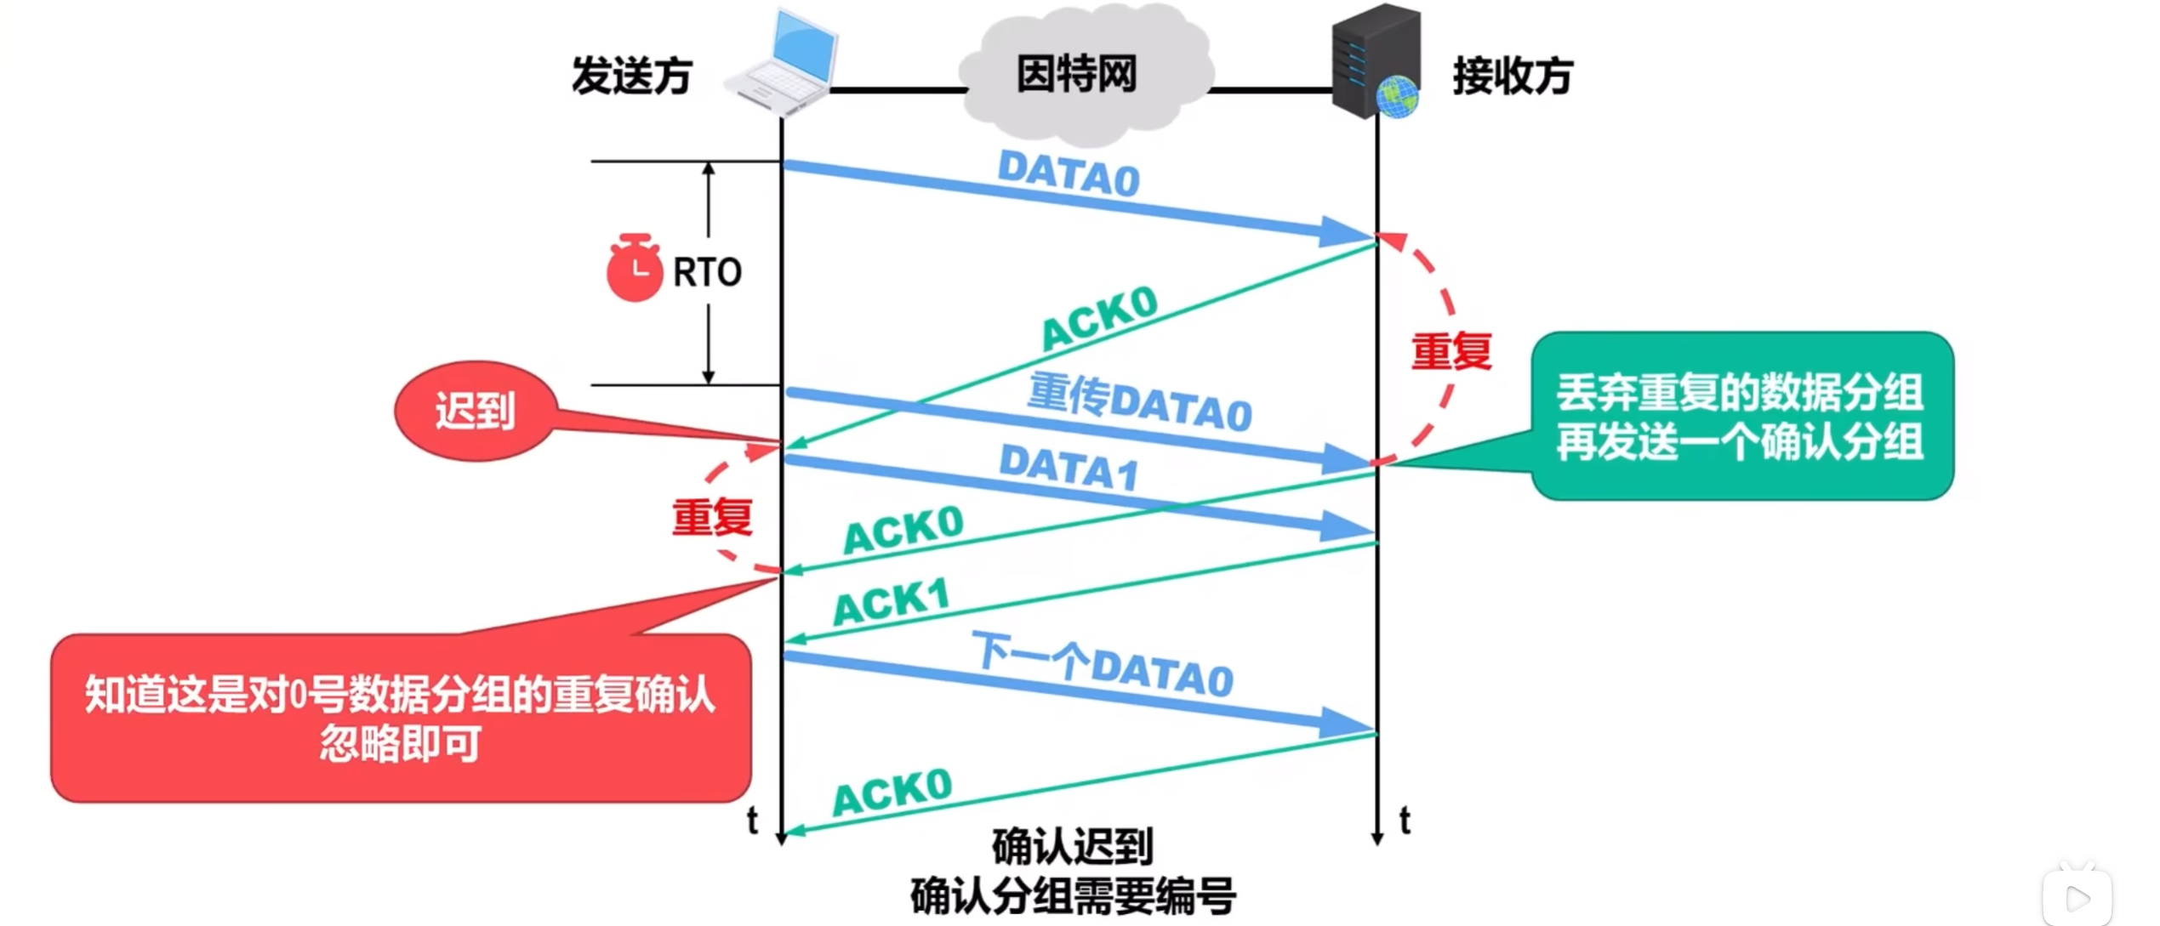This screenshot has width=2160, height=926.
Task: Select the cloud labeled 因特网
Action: pyautogui.click(x=1080, y=75)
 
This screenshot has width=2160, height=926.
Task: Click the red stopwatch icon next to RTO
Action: pyautogui.click(x=634, y=269)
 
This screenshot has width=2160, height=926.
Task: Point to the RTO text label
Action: pyautogui.click(x=707, y=272)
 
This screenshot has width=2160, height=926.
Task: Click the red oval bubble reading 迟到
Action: pyautogui.click(x=476, y=412)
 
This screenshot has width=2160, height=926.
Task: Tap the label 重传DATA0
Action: pyautogui.click(x=1139, y=403)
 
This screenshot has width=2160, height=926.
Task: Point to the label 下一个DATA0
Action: pyautogui.click(x=1103, y=665)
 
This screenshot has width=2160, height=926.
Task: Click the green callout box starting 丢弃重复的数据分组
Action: pyautogui.click(x=1741, y=417)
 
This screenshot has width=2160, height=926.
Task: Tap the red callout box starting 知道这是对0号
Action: pyautogui.click(x=401, y=718)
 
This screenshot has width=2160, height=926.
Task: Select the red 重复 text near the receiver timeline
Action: pyautogui.click(x=1451, y=352)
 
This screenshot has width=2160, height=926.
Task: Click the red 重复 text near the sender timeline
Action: pyautogui.click(x=712, y=517)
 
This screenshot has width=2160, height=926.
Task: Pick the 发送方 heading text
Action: pyautogui.click(x=631, y=76)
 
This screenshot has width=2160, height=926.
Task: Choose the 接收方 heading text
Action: pyautogui.click(x=1513, y=76)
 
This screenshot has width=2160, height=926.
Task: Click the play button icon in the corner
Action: pyautogui.click(x=2077, y=898)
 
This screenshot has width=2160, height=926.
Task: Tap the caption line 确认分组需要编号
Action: pyautogui.click(x=1073, y=896)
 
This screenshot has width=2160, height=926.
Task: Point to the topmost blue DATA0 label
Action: pyautogui.click(x=1069, y=174)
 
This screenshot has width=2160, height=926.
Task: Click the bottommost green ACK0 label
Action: pyautogui.click(x=892, y=792)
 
